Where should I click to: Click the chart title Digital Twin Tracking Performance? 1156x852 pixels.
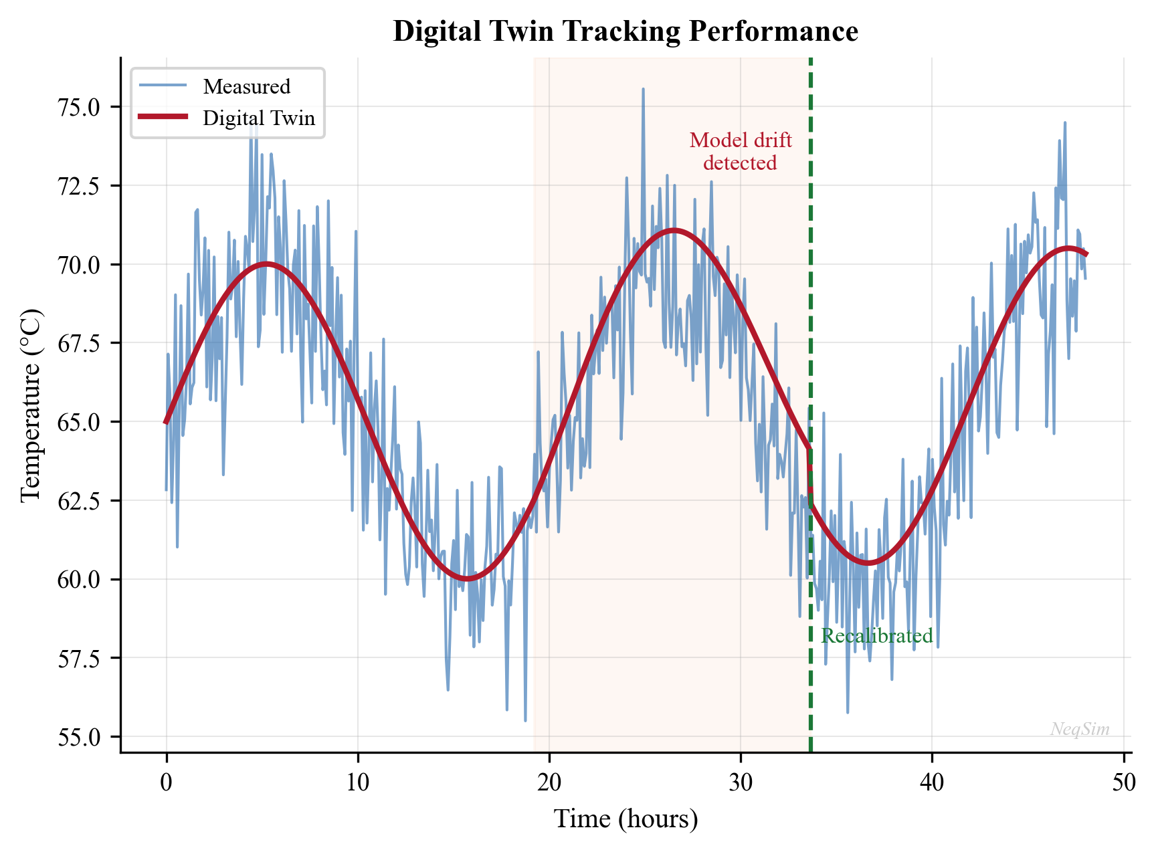click(625, 31)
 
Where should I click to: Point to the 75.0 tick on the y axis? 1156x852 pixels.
click(80, 107)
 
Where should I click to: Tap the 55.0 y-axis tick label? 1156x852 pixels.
click(80, 737)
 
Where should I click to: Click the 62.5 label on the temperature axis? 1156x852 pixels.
click(80, 501)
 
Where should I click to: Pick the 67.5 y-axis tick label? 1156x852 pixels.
click(80, 343)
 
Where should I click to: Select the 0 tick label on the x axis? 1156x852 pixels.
click(167, 782)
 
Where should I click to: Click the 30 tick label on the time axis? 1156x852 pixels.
click(741, 782)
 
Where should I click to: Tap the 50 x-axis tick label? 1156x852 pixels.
click(1124, 782)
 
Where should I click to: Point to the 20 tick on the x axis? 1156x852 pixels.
click(549, 782)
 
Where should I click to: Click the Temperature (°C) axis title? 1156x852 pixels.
click(31, 405)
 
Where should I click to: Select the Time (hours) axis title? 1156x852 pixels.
click(625, 819)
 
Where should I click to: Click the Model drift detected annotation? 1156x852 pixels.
click(741, 151)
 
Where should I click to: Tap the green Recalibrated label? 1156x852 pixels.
click(876, 636)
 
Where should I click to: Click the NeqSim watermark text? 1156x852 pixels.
click(1079, 729)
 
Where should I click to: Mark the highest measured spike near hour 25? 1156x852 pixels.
click(643, 89)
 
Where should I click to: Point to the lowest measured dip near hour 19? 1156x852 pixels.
click(525, 720)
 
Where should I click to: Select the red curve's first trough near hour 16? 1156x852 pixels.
click(466, 578)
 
